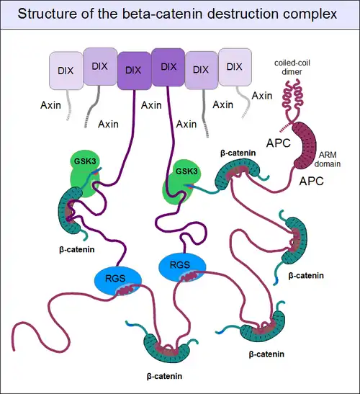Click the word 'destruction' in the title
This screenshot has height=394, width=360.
click(243, 13)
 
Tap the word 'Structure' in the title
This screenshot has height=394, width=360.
click(48, 13)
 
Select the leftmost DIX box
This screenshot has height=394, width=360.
click(66, 71)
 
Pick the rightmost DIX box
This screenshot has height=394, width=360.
click(235, 67)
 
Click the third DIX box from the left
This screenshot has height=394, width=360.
click(134, 71)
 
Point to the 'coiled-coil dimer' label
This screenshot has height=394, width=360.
click(292, 67)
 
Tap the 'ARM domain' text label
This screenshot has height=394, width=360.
click(328, 159)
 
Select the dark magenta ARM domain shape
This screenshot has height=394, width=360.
click(305, 145)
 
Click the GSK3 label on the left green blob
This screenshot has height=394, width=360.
click(85, 161)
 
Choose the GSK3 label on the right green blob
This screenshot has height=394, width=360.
click(186, 171)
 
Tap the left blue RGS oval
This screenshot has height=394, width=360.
click(118, 281)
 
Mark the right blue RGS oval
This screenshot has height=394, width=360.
click(182, 267)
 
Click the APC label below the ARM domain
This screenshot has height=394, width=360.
click(311, 181)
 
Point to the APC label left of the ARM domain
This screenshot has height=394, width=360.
click(279, 143)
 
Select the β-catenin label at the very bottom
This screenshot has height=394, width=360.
click(164, 376)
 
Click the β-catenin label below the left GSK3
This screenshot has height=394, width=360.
click(77, 249)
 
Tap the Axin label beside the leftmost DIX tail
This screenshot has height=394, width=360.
click(50, 105)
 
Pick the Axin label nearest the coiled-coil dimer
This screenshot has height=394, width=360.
click(262, 96)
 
